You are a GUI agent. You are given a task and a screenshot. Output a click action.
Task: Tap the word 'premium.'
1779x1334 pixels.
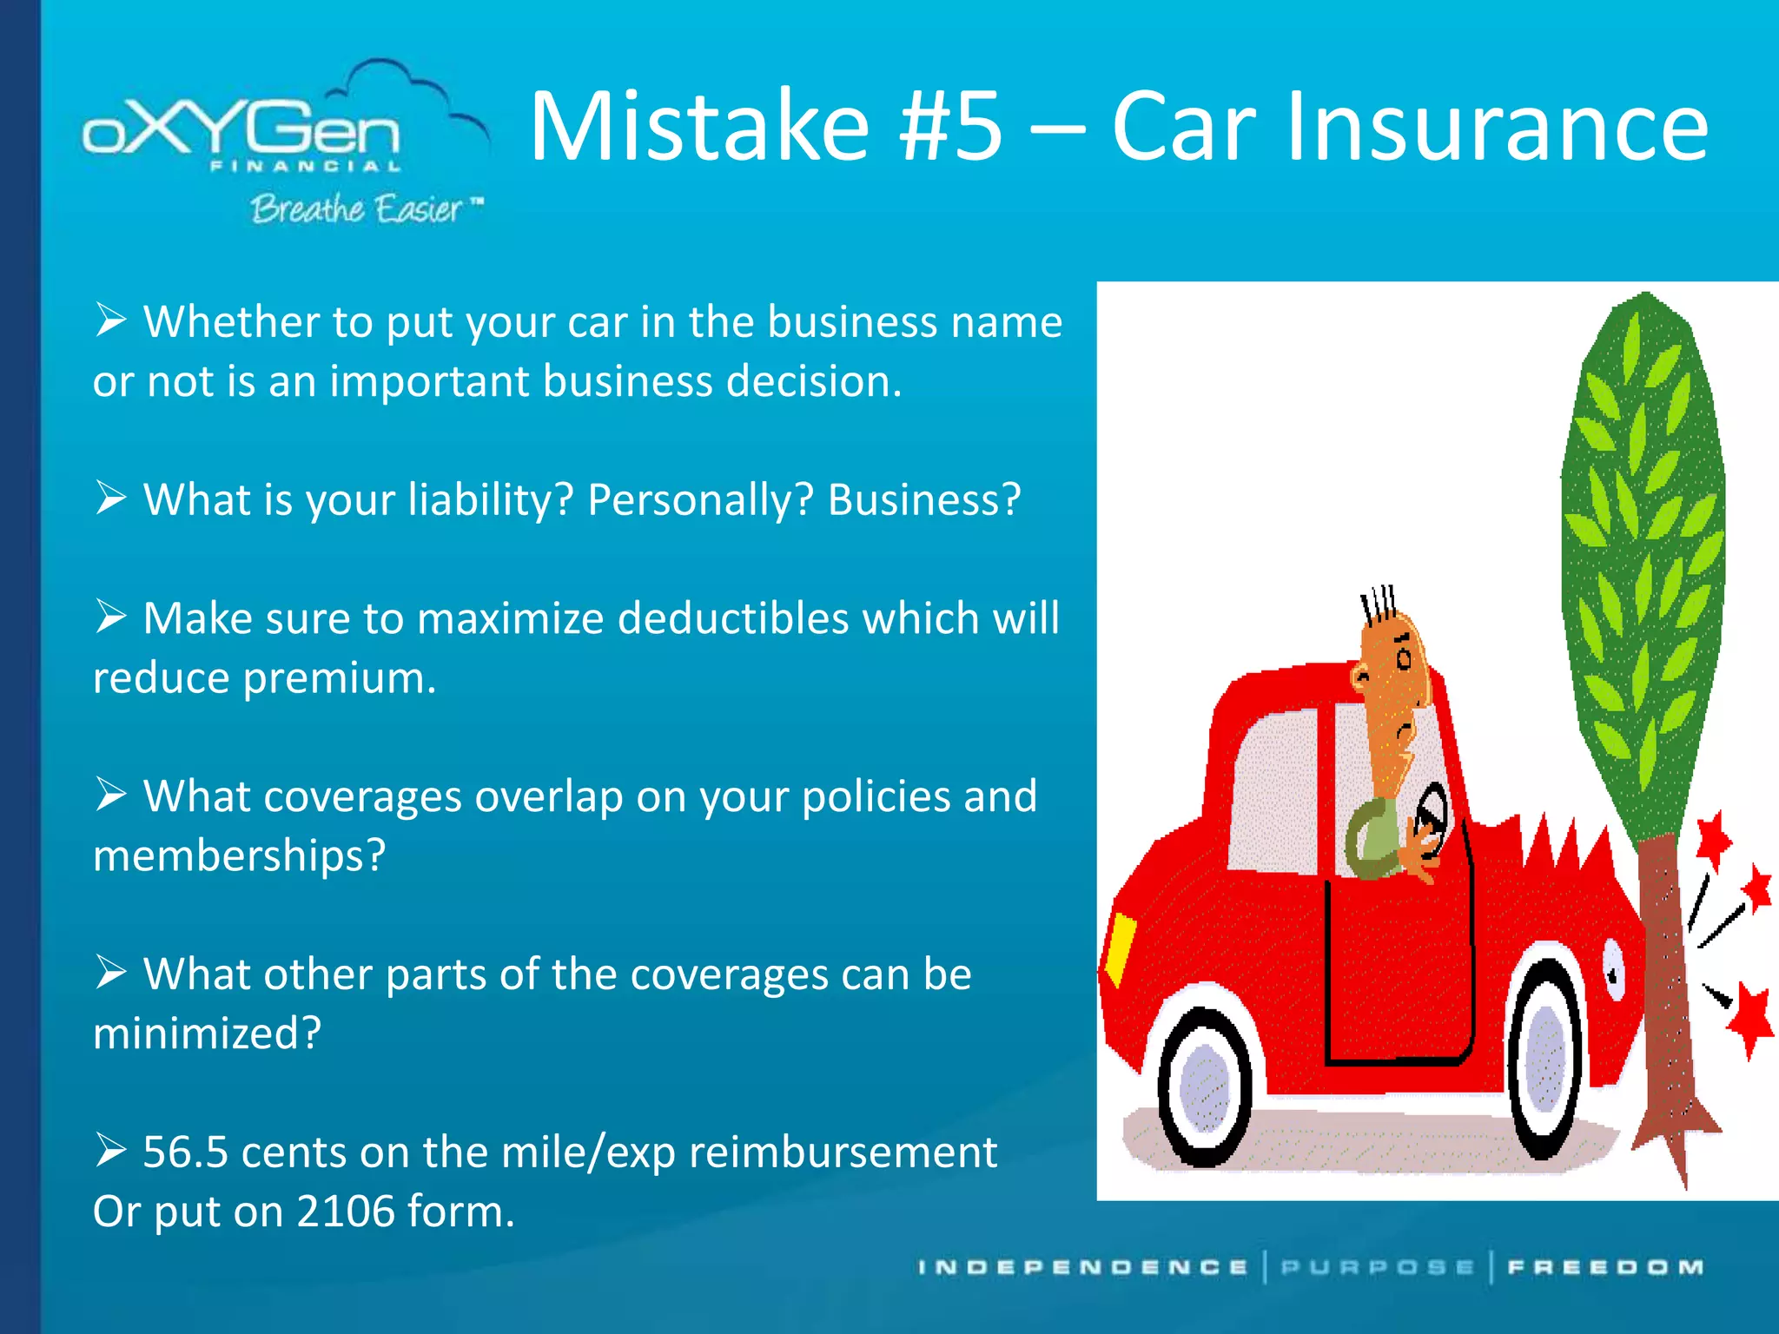(x=339, y=678)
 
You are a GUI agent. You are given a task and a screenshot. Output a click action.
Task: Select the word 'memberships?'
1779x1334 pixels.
(x=239, y=856)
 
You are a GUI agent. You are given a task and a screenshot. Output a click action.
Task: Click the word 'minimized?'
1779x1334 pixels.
(x=207, y=1034)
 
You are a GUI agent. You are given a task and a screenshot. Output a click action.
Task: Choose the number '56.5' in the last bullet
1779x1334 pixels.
(x=185, y=1153)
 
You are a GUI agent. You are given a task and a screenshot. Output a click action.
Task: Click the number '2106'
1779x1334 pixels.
(x=346, y=1212)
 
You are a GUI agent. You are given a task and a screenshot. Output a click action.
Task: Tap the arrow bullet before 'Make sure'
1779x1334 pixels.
(x=111, y=617)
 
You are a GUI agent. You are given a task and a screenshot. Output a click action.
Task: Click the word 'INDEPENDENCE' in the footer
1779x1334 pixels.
(x=1082, y=1268)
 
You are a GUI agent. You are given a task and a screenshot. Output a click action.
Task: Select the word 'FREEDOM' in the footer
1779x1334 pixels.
(x=1605, y=1268)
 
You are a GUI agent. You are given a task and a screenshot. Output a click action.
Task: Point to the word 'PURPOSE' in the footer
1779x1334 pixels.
(x=1378, y=1268)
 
